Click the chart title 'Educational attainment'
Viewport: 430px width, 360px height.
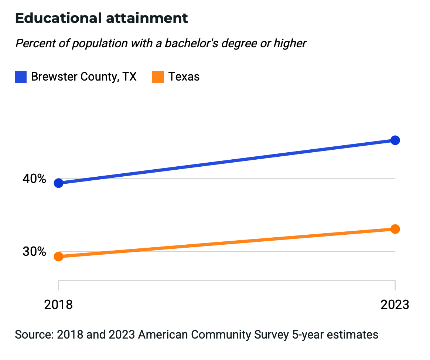point(102,18)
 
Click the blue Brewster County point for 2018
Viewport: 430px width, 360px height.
point(58,183)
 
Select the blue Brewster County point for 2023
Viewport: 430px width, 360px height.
point(395,140)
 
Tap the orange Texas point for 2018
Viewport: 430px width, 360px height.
point(58,257)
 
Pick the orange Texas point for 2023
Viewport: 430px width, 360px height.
point(395,229)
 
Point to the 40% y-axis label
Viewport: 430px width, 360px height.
point(34,179)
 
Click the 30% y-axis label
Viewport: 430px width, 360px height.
point(34,252)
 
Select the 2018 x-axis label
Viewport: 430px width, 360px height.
point(58,305)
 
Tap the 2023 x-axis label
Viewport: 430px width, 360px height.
point(395,305)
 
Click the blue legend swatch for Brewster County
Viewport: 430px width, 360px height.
point(21,77)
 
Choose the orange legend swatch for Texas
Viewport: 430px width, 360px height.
point(158,77)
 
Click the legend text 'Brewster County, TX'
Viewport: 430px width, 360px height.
point(84,77)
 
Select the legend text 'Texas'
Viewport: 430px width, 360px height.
point(184,77)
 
